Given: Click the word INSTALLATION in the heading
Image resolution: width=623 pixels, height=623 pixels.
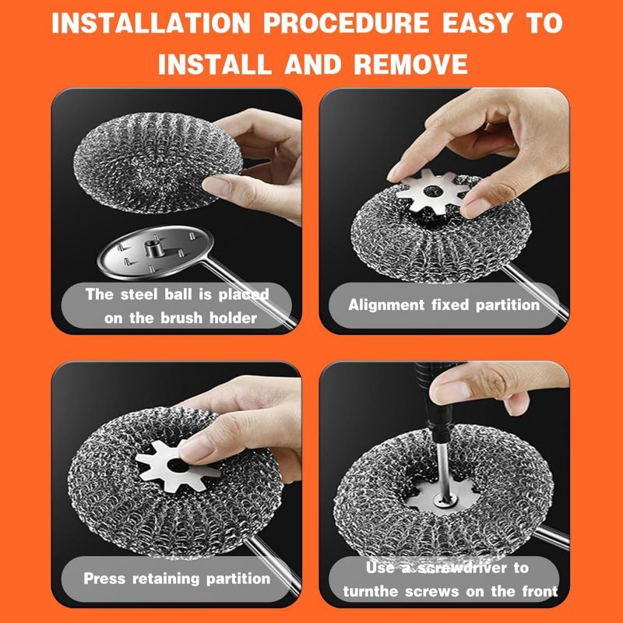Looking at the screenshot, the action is coord(151,23).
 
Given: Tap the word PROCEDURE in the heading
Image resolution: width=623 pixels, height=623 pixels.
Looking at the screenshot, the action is coord(346,23).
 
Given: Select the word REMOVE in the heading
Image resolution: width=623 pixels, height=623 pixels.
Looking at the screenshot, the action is coord(410,65).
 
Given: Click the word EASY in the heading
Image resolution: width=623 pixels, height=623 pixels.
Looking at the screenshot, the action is coord(477,23).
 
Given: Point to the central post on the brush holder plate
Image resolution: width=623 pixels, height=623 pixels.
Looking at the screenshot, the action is coord(153,248).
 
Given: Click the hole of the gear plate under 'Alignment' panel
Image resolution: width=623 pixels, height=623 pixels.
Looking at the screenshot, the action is coord(433,192).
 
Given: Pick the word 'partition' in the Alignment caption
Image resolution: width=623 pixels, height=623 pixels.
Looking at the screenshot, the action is coord(508,305).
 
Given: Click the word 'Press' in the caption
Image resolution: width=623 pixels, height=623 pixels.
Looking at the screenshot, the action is coord(104,579).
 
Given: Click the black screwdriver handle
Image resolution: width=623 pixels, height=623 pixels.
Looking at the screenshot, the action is coord(431,401).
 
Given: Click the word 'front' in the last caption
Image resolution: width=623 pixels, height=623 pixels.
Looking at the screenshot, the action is coord(540,592).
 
